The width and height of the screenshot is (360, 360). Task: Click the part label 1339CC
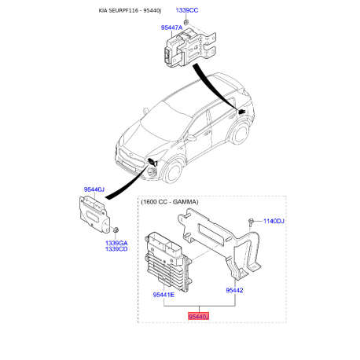click(x=186, y=10)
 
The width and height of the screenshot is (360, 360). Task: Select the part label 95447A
click(x=171, y=28)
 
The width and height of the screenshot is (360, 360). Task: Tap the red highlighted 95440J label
click(x=198, y=317)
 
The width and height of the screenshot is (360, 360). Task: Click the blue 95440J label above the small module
click(x=94, y=189)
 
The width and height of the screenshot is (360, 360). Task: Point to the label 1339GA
click(x=116, y=243)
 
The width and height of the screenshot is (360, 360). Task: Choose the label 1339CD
click(x=116, y=249)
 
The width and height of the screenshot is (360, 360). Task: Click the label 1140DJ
click(x=274, y=221)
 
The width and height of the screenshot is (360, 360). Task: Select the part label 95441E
click(x=163, y=295)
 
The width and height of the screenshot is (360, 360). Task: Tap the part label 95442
click(x=234, y=290)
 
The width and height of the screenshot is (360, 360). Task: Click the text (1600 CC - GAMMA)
click(x=170, y=202)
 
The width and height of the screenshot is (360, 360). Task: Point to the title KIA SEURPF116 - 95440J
click(x=130, y=10)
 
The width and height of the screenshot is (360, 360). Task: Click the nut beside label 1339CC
click(x=186, y=22)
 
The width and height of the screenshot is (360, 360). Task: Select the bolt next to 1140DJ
click(x=251, y=222)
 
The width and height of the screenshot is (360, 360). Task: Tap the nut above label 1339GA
click(x=116, y=230)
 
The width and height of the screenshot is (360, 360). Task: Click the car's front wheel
click(x=172, y=172)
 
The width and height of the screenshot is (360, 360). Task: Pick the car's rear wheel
click(x=240, y=134)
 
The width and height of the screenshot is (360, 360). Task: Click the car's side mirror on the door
click(x=191, y=138)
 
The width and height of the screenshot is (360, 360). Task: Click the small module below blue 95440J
click(x=94, y=215)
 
